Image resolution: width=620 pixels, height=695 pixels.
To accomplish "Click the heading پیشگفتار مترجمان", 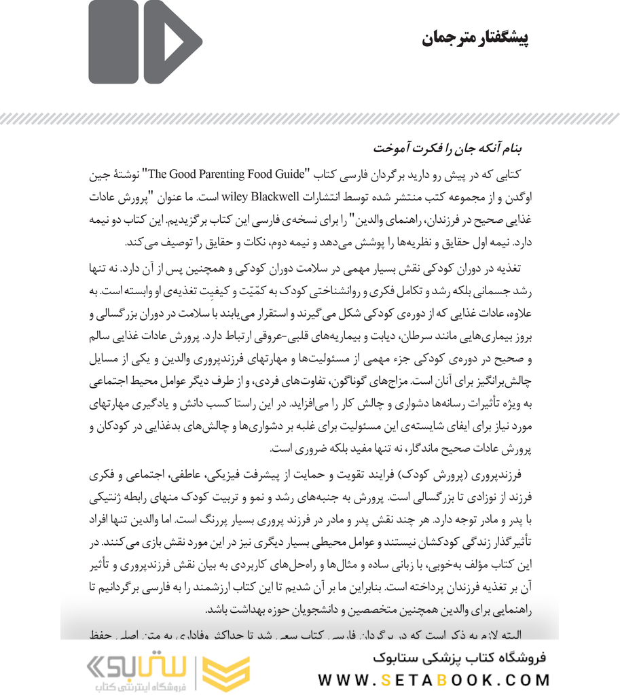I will coord(475,38).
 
